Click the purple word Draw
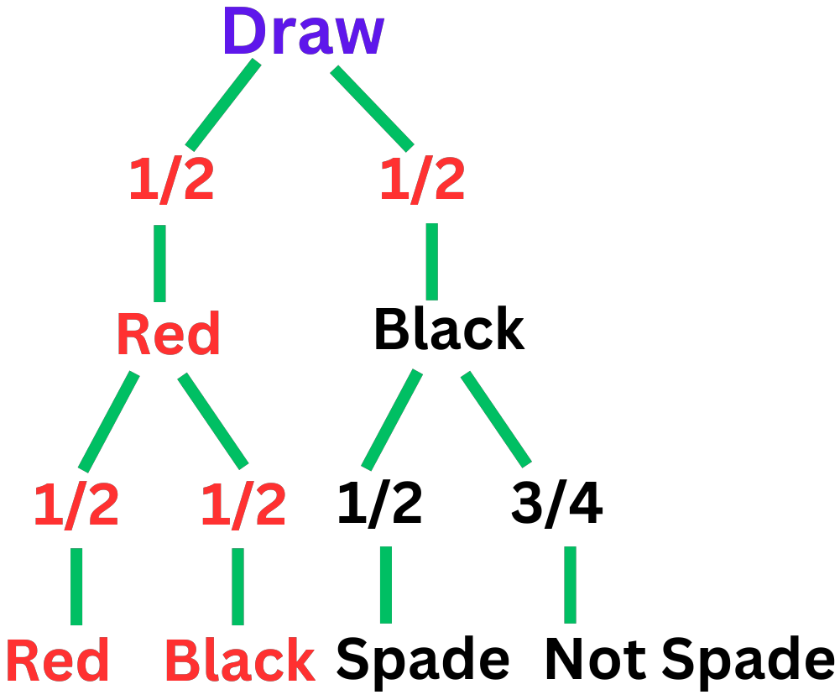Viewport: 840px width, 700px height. click(x=302, y=32)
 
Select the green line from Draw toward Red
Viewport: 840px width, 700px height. click(x=223, y=105)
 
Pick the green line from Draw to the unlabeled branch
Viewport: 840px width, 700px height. click(x=372, y=108)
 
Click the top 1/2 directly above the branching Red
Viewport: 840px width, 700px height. click(x=171, y=180)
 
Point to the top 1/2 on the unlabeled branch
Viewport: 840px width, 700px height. click(x=422, y=180)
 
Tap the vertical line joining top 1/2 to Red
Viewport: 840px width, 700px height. click(x=159, y=263)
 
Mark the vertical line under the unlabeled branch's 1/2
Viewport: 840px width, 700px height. click(x=431, y=261)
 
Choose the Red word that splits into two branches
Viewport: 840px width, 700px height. click(x=168, y=334)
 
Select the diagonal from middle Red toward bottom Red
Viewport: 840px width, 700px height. click(x=108, y=421)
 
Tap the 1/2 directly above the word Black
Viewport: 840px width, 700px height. click(x=243, y=505)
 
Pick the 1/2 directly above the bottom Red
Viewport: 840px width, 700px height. click(x=76, y=505)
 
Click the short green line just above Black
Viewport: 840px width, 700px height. click(x=237, y=586)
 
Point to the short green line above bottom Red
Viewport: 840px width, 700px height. click(x=76, y=586)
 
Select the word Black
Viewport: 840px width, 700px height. click(x=239, y=661)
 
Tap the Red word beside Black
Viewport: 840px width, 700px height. click(x=57, y=661)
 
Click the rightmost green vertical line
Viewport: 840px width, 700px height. click(x=570, y=584)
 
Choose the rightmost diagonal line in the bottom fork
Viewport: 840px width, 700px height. click(x=496, y=419)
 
